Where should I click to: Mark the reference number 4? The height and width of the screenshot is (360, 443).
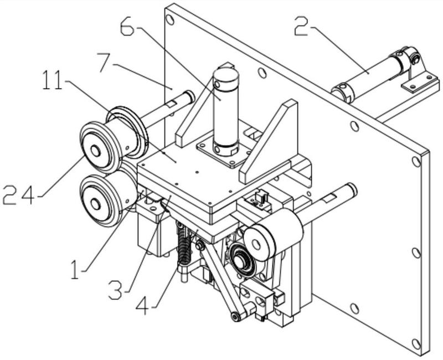(x=146, y=306)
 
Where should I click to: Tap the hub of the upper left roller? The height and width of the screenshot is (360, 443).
(x=95, y=150)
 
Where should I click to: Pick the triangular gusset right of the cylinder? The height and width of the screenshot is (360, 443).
(x=271, y=141)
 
